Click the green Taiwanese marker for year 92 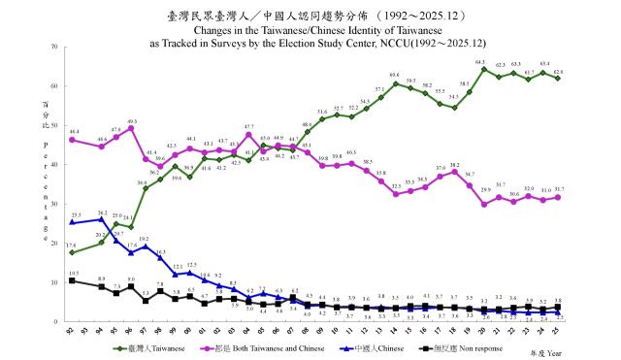[72, 252]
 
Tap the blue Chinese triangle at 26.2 [102, 219]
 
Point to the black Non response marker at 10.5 [72, 279]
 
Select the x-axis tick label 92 [72, 330]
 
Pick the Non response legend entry [466, 346]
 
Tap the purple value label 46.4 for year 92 [74, 131]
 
